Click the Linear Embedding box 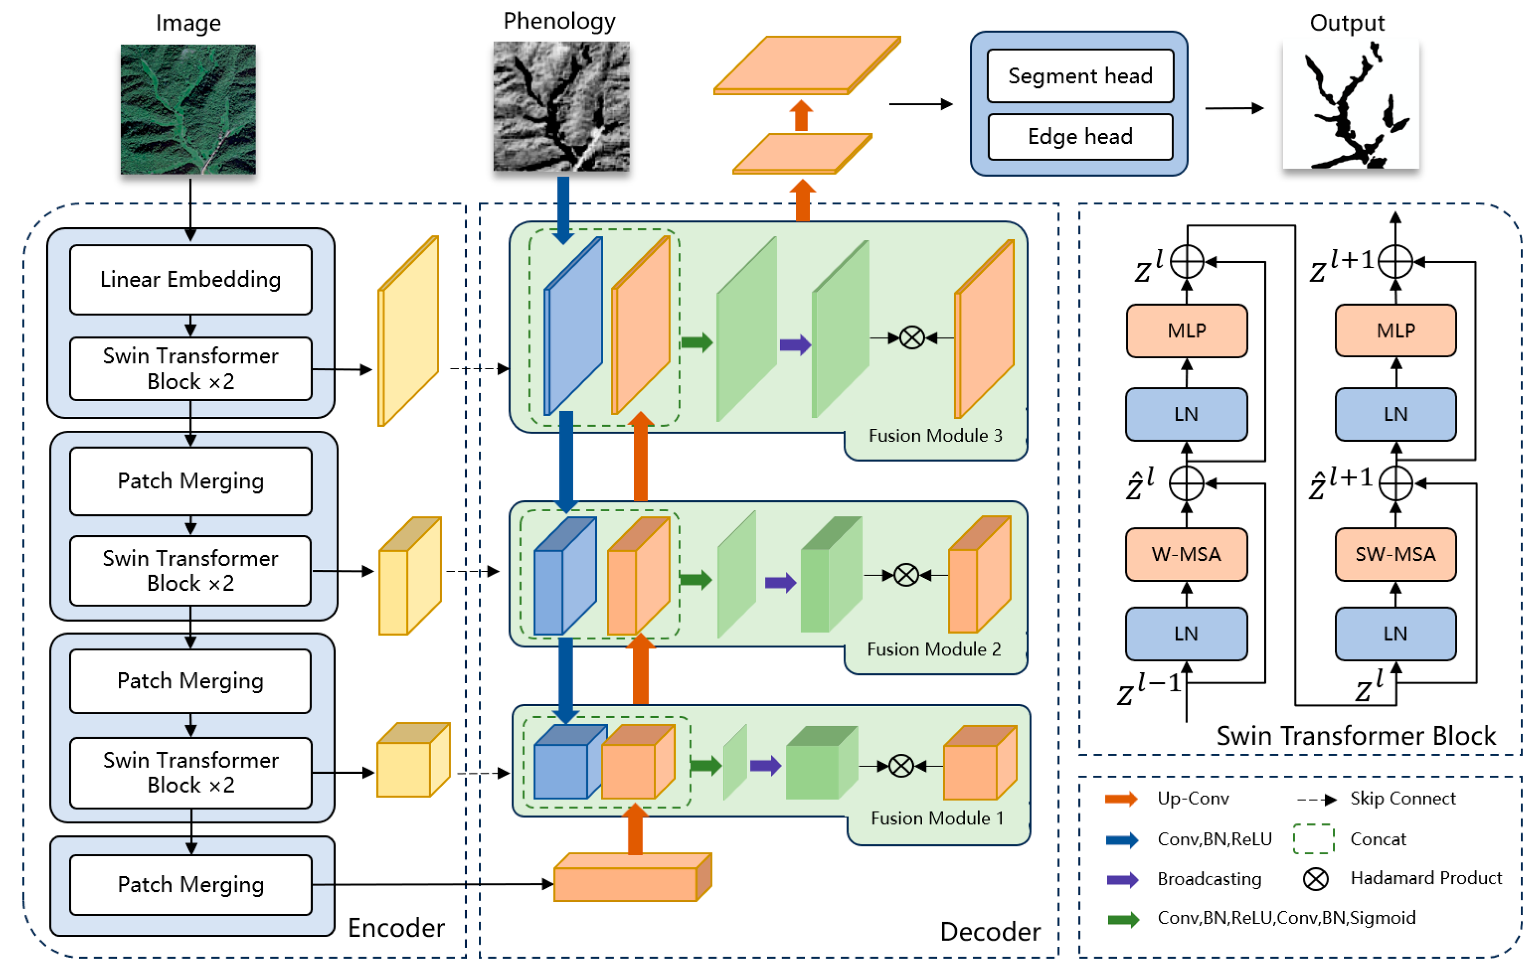coord(191,280)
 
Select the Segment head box coord(1081,76)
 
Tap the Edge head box coord(1081,136)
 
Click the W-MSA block coord(1186,554)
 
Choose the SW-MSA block coord(1395,554)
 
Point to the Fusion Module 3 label coord(935,435)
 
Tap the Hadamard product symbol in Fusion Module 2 coord(906,575)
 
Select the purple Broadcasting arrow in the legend coord(1123,880)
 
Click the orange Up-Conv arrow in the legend coord(1122,800)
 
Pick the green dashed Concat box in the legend coord(1314,839)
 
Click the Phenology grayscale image coord(562,106)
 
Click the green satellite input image coord(188,110)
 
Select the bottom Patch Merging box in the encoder coord(191,885)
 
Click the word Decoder coord(990,932)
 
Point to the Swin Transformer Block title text coord(1356,736)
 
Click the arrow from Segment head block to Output coord(1235,108)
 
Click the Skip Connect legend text coord(1403,799)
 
